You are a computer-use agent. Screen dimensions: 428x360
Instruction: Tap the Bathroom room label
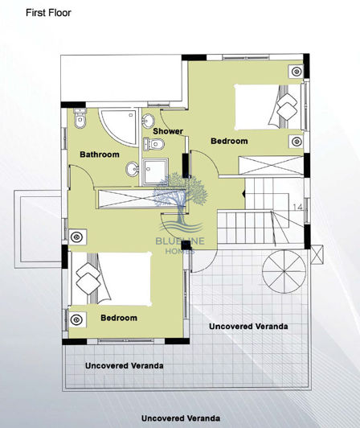pyautogui.click(x=100, y=154)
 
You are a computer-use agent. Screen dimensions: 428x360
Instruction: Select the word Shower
pyautogui.click(x=169, y=131)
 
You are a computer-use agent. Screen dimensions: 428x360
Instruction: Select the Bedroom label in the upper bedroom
pyautogui.click(x=229, y=141)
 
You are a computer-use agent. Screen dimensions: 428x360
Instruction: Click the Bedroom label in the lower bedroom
pyautogui.click(x=118, y=318)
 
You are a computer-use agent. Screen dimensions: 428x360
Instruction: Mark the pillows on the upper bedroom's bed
pyautogui.click(x=285, y=104)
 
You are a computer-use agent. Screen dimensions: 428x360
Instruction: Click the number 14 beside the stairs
pyautogui.click(x=297, y=207)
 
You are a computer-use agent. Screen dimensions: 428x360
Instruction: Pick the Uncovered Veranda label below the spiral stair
pyautogui.click(x=248, y=327)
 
